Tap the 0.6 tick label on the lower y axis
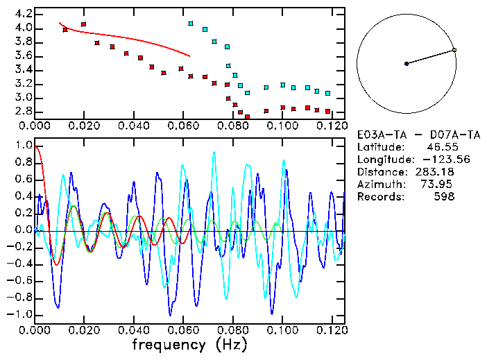coord(24,180)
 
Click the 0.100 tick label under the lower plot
coord(282,330)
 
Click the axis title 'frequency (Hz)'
coord(189,345)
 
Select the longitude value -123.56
coord(431,160)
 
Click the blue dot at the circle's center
coord(407,64)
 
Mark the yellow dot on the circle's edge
coord(454,50)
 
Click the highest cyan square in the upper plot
coord(191,24)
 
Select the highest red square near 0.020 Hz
coord(84,24)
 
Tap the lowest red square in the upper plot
coord(248,117)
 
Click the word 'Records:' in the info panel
coord(379,197)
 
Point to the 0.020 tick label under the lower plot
coord(84,330)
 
